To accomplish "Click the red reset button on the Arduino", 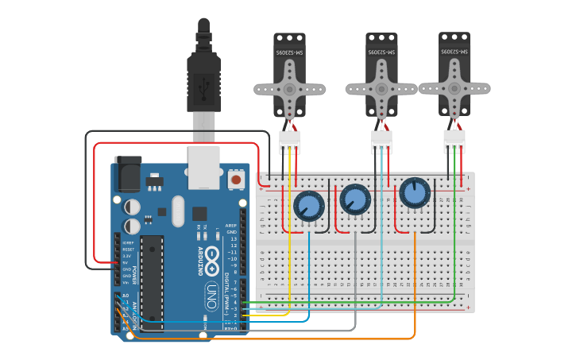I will [x=236, y=180].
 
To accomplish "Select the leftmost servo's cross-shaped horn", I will [x=289, y=89].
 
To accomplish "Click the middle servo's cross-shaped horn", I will [x=381, y=89].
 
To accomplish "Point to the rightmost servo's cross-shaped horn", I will [x=454, y=87].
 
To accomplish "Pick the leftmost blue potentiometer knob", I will [x=309, y=206].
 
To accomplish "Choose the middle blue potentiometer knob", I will [x=354, y=199].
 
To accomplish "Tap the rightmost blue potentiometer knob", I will [x=414, y=192].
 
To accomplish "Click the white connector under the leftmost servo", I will [x=289, y=142].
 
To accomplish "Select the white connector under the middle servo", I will [x=381, y=142].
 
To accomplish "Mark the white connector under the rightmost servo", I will [x=454, y=141].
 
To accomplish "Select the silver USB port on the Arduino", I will [x=203, y=167].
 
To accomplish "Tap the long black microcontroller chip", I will [x=152, y=283].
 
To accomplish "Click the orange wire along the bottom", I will [x=278, y=339].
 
